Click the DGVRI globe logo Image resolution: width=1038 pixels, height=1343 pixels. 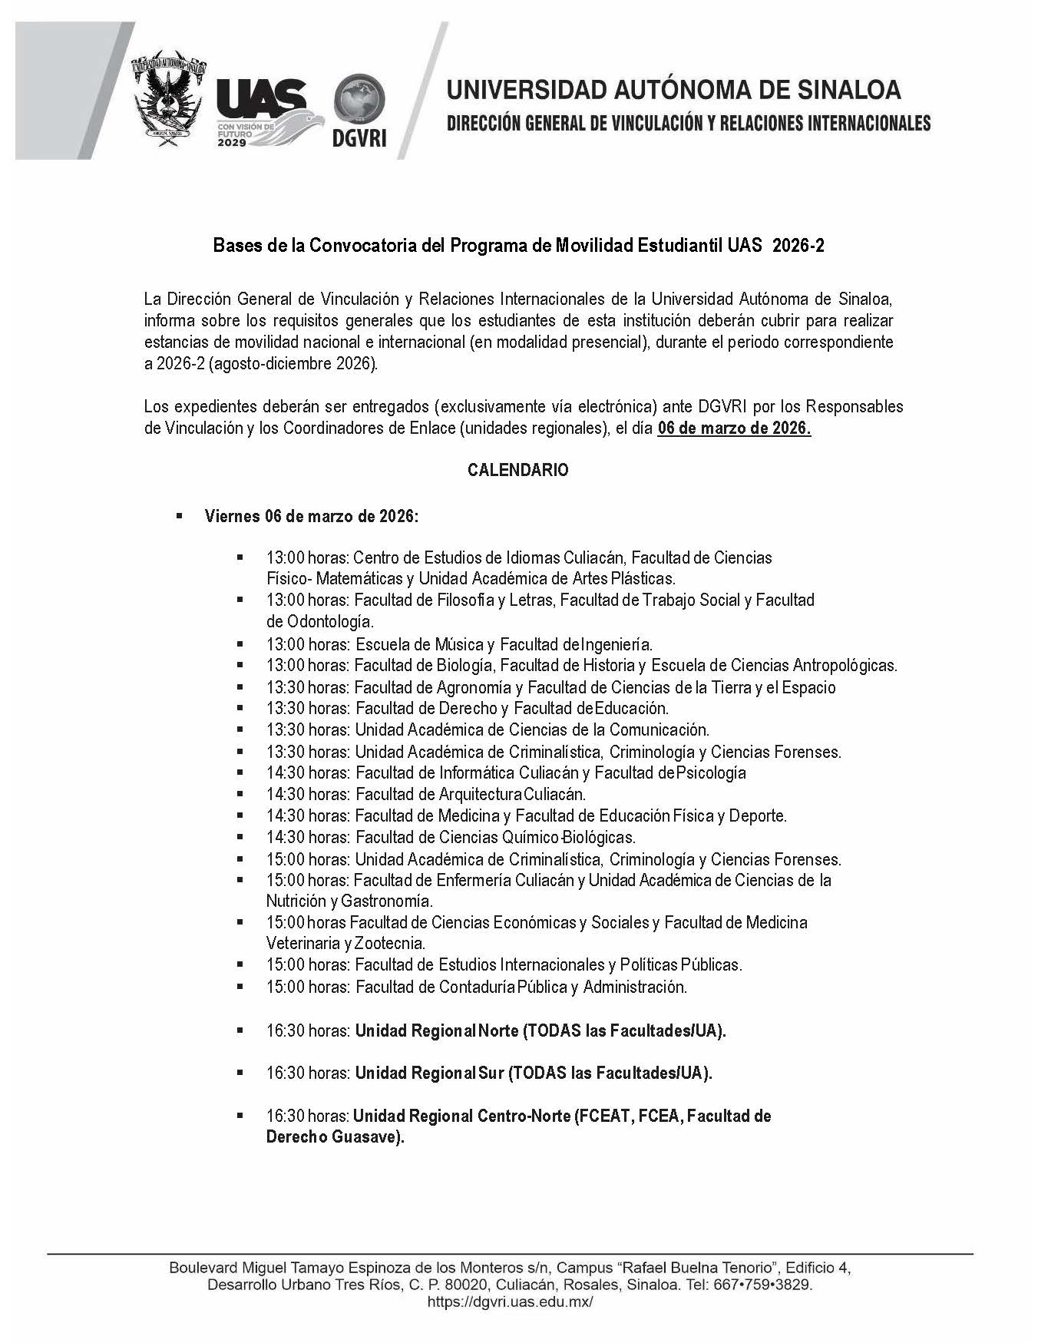(x=359, y=100)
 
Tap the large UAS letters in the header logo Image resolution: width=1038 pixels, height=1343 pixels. (x=262, y=98)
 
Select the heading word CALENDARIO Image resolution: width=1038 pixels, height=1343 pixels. (x=518, y=471)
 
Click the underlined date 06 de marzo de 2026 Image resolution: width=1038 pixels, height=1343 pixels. (x=734, y=429)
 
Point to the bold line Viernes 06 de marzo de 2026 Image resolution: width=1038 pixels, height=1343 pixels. (x=311, y=516)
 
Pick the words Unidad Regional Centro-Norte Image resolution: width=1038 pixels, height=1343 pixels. (x=461, y=1116)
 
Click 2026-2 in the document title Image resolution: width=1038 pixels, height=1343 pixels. (x=798, y=246)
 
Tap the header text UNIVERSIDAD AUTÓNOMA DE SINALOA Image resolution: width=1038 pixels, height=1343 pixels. (x=673, y=90)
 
